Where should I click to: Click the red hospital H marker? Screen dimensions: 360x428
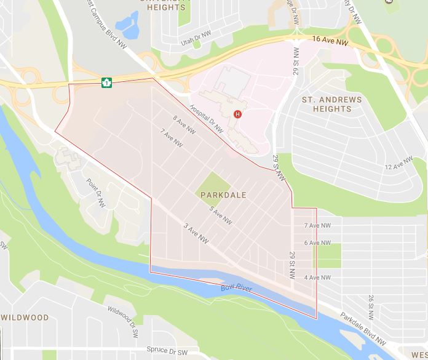[x=237, y=114]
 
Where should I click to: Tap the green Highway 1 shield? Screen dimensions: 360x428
[x=107, y=82]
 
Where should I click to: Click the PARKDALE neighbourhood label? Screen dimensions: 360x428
[x=223, y=195]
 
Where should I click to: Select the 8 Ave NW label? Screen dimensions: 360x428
[x=184, y=122]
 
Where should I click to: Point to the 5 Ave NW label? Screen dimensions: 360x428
[x=220, y=215]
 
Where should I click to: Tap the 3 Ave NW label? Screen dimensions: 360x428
[x=197, y=234]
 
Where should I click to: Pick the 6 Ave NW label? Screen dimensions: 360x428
[x=317, y=243]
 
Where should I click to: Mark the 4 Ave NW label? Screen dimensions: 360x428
[x=317, y=278]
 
